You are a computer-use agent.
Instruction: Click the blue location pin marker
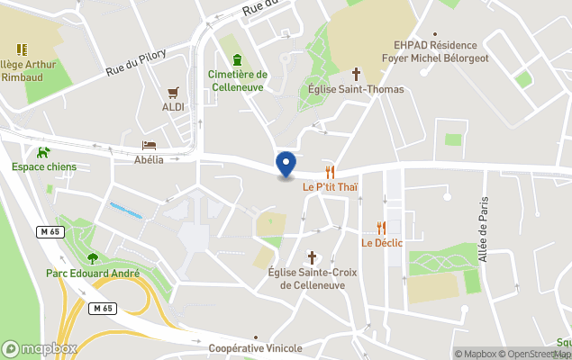point(286,165)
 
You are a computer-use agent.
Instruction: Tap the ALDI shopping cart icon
point(173,92)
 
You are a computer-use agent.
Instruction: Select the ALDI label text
point(173,107)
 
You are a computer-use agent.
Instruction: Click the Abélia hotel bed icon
point(149,145)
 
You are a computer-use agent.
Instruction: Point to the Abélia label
point(149,160)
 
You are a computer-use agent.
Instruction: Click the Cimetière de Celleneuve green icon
point(237,59)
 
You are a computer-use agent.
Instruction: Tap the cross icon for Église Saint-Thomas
point(356,74)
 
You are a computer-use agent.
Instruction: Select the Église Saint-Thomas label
point(356,89)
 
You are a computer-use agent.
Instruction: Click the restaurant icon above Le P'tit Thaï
point(331,172)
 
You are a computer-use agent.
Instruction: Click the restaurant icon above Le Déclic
point(382,228)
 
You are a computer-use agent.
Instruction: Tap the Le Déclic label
point(382,243)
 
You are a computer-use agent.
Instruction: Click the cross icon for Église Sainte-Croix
point(313,257)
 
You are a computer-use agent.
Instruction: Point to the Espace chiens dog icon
point(43,151)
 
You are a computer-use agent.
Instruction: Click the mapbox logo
point(40,348)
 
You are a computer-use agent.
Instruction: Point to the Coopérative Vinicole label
point(255,348)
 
